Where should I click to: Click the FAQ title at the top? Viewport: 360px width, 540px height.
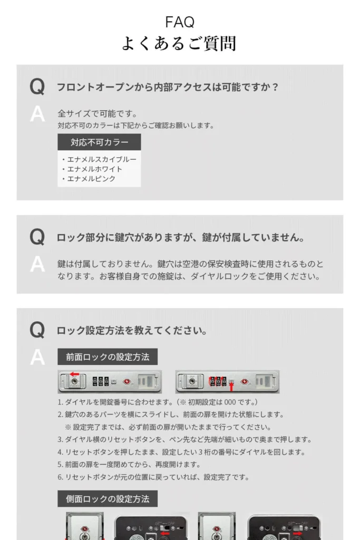(180, 22)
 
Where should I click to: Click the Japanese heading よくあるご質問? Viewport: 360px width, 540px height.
(179, 43)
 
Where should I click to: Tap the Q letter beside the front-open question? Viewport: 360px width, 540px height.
(37, 87)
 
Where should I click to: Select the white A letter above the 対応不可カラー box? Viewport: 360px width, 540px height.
(37, 114)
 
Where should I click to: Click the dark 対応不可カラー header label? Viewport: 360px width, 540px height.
(99, 142)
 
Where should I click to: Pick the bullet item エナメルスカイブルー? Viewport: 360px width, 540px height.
(99, 159)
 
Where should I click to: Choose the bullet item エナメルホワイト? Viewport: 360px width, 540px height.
(92, 169)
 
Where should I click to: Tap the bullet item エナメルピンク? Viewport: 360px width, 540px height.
(89, 179)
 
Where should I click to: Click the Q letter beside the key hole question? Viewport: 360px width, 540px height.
(37, 237)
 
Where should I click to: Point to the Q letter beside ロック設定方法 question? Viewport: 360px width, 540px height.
(37, 330)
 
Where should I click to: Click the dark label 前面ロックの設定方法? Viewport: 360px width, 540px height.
(108, 357)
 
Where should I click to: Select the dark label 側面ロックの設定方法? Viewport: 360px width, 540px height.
(108, 499)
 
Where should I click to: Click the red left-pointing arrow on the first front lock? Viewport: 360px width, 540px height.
(74, 374)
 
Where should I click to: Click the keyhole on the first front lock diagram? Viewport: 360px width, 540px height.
(74, 382)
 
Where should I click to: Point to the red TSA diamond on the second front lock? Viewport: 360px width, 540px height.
(245, 382)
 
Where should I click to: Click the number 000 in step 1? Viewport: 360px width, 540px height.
(230, 402)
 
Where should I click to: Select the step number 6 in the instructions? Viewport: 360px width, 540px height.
(60, 477)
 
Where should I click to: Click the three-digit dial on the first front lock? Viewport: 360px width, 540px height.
(101, 382)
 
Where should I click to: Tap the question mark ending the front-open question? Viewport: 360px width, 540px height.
(275, 87)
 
